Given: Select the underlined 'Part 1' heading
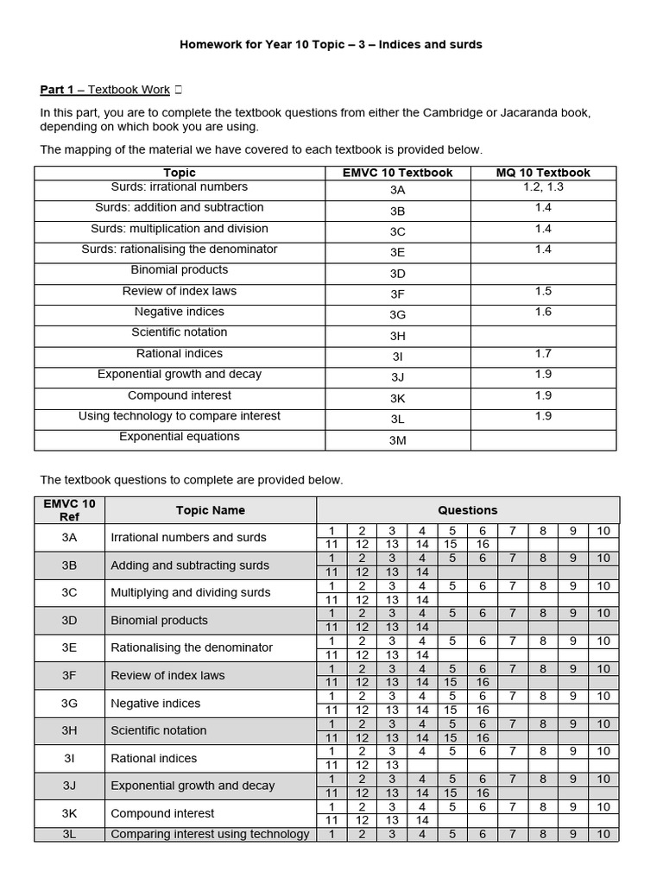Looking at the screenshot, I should click(x=58, y=90).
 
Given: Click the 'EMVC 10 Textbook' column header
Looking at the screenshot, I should click(x=397, y=173).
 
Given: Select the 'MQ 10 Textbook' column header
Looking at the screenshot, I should click(x=543, y=173).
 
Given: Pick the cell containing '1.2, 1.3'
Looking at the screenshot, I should click(x=543, y=186).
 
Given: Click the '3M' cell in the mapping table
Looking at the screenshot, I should click(x=397, y=441).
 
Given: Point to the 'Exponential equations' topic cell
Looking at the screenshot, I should click(x=180, y=437).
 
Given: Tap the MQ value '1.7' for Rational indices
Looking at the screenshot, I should click(x=543, y=353).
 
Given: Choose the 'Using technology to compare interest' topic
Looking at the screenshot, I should click(x=180, y=416).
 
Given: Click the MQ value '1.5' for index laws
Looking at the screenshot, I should click(x=543, y=291).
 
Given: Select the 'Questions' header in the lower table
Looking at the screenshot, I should click(x=467, y=510).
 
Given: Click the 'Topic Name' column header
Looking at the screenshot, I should click(x=210, y=510).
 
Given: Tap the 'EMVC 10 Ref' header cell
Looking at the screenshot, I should click(x=69, y=509).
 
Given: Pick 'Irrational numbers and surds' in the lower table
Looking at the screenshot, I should click(x=188, y=537).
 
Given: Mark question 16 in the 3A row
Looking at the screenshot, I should click(x=483, y=544).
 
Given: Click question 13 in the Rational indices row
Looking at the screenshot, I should click(x=392, y=765).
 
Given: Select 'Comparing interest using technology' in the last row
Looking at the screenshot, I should click(x=210, y=834).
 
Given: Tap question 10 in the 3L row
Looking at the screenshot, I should click(x=603, y=834).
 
